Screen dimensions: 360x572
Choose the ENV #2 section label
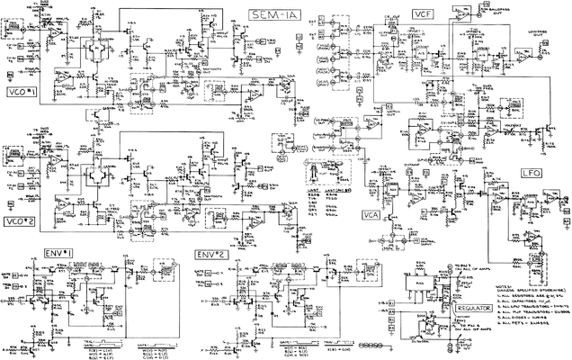pyautogui.click(x=209, y=254)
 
